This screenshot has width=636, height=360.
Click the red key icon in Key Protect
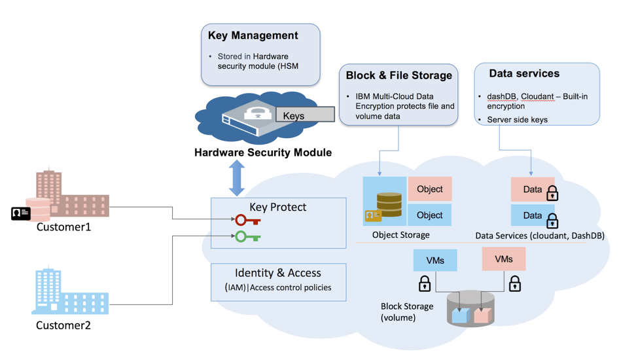[x=248, y=221]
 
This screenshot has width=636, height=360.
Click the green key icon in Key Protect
[x=248, y=236]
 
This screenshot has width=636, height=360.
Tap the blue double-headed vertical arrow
[x=236, y=177]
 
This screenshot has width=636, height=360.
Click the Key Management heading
[x=253, y=36]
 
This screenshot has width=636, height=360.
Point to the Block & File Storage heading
[x=398, y=75]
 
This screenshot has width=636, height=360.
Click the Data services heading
[x=524, y=73]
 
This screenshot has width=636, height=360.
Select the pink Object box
[x=430, y=189]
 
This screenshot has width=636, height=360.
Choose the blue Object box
[x=430, y=215]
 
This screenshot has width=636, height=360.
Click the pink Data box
[x=532, y=189]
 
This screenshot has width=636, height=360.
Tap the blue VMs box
[x=435, y=261]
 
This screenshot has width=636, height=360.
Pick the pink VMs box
[x=504, y=259]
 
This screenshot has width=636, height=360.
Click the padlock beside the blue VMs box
[x=425, y=283]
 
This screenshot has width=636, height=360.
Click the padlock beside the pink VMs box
[x=515, y=283]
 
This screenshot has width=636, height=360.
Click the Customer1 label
[x=63, y=227]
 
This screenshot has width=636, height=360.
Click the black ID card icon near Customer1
[x=21, y=213]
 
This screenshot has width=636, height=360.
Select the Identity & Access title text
[x=278, y=273]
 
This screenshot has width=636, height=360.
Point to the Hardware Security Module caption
[x=263, y=153]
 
